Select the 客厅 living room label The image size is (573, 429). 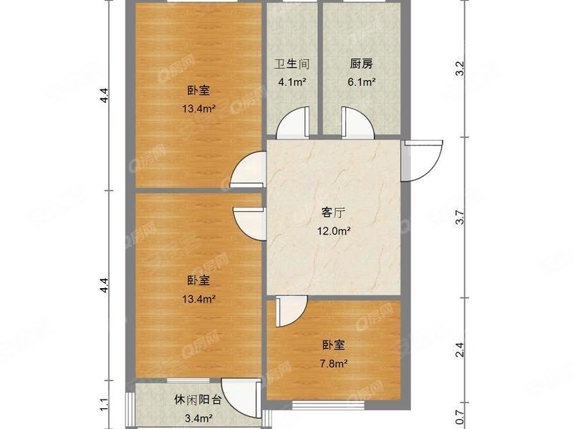pyautogui.click(x=334, y=213)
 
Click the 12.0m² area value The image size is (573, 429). pyautogui.click(x=334, y=231)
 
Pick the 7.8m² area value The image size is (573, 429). pyautogui.click(x=333, y=363)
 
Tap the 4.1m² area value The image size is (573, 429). pyautogui.click(x=292, y=82)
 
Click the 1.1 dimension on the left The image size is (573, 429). pyautogui.click(x=105, y=405)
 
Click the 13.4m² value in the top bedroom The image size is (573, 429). pyautogui.click(x=198, y=109)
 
